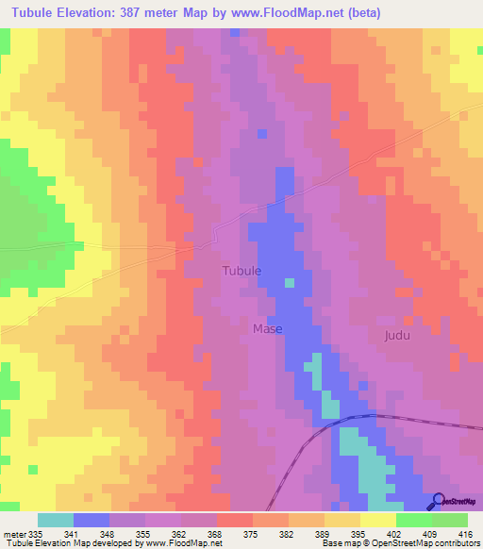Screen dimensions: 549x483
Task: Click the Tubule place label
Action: [x=241, y=271]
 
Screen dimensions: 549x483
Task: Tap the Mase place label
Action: [x=267, y=329]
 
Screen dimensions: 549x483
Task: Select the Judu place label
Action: [x=399, y=336]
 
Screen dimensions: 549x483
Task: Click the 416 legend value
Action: [x=464, y=532]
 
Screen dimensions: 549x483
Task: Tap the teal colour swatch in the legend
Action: [x=56, y=520]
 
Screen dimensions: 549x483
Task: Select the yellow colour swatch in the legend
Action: [x=378, y=520]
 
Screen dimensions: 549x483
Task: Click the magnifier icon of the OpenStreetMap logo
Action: [x=439, y=501]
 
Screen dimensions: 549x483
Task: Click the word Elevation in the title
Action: [x=85, y=12]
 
